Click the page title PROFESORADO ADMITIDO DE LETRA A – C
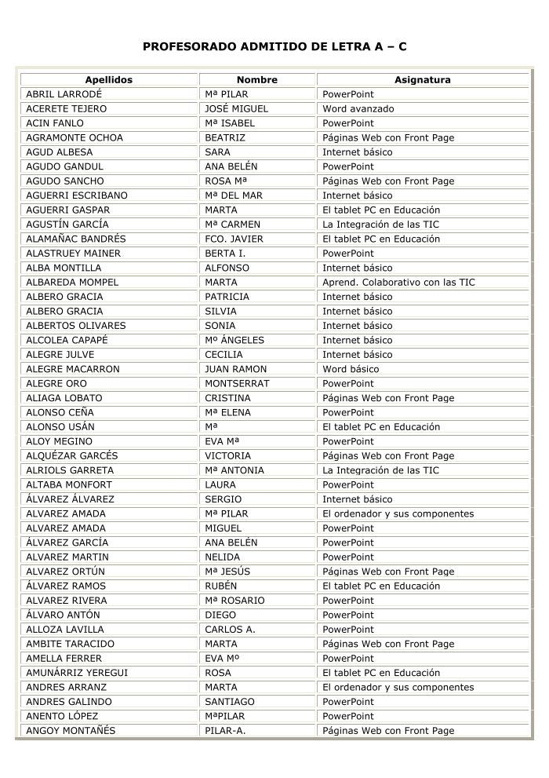tap(274, 47)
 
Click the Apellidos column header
tap(109, 80)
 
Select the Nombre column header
tap(257, 80)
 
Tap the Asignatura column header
tap(422, 80)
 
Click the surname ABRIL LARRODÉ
tap(64, 94)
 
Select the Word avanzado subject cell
tap(358, 109)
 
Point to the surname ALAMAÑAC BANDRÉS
tap(76, 239)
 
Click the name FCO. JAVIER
tap(234, 239)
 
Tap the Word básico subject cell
tap(351, 369)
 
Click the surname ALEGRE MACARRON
tap(73, 369)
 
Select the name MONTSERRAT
tap(237, 384)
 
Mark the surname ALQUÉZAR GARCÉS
tap(72, 456)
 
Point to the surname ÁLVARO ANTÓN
tap(64, 615)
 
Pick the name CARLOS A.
tap(230, 630)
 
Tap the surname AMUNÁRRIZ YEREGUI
tap(77, 673)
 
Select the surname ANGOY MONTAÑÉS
tap(71, 731)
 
